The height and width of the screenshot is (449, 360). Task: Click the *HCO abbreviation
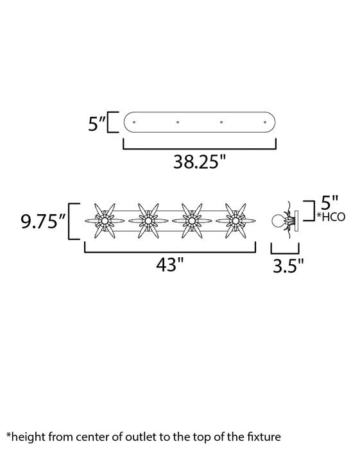tap(332, 217)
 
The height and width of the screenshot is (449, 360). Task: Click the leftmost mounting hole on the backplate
tap(134, 121)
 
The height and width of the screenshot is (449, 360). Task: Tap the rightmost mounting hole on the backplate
tap(264, 121)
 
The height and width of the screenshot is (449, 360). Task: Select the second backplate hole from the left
tap(178, 121)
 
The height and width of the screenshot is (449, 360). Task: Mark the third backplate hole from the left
tap(221, 121)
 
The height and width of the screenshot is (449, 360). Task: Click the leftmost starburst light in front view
tap(105, 221)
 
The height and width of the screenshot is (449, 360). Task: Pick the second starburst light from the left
tap(148, 221)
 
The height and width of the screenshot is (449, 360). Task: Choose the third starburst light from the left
tap(191, 221)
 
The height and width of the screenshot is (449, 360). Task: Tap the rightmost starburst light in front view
tap(235, 221)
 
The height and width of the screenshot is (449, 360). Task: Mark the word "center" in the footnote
tap(89, 437)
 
